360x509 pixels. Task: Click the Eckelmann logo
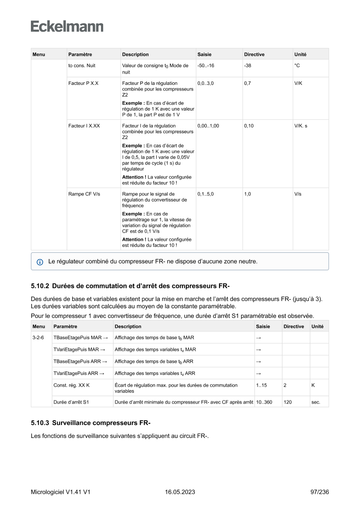67,26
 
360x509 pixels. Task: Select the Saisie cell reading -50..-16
205,65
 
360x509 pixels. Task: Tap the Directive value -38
248,65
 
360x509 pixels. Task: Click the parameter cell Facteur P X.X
83,83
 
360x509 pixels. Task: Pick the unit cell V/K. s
301,125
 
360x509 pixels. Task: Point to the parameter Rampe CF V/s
84,194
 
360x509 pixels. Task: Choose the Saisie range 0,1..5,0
205,194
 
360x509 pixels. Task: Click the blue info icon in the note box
40,262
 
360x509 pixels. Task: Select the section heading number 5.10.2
40,287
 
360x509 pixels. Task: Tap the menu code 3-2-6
38,337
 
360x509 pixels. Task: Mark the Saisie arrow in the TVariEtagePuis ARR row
258,373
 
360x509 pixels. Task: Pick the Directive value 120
288,402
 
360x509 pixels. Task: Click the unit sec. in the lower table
316,402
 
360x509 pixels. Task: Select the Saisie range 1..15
261,385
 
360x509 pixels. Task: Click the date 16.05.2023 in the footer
180,492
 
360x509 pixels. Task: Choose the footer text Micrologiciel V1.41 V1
61,492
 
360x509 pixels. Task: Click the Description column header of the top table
135,54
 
